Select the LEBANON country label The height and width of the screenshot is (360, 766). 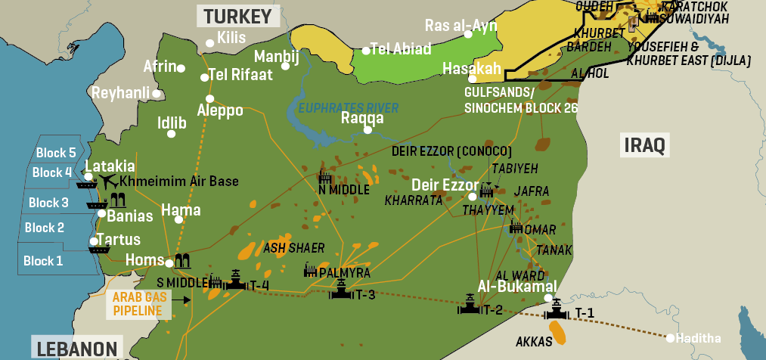(76, 349)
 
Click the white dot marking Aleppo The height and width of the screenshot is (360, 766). (209, 98)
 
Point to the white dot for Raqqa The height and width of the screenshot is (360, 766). (367, 129)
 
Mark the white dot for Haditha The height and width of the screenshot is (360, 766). (670, 337)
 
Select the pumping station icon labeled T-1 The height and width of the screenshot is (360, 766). (557, 310)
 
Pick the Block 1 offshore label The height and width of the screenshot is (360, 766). (43, 261)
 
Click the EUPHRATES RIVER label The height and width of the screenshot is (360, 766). (347, 108)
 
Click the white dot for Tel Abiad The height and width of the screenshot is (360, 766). (365, 51)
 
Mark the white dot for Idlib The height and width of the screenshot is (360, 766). (172, 134)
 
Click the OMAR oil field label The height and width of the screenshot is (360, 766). (540, 229)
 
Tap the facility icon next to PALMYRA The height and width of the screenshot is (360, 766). (310, 270)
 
